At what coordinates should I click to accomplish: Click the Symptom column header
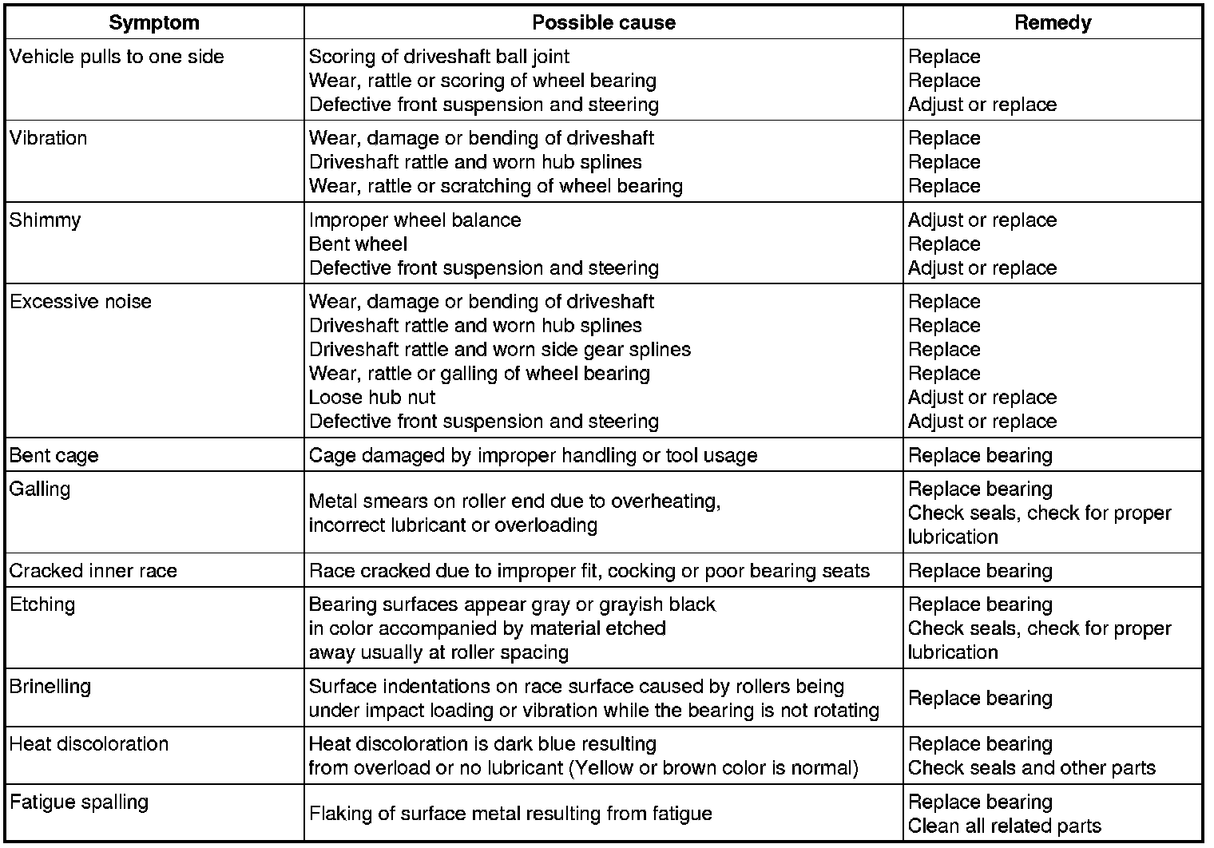154,22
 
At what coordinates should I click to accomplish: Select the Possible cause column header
604,22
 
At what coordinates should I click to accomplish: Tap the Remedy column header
1053,22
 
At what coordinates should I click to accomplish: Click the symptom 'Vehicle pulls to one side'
117,57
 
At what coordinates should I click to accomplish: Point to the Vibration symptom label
48,138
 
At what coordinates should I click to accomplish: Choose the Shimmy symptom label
45,220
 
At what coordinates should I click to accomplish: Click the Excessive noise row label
80,302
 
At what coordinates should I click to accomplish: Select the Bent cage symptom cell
54,455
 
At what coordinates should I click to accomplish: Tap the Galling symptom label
40,489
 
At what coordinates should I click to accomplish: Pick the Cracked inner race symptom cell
93,571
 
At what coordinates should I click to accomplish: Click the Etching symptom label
42,604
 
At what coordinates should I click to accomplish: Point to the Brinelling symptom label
50,687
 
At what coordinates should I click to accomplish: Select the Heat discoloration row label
89,744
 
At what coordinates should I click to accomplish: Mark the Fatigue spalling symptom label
79,802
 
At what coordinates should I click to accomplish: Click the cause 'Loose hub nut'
372,398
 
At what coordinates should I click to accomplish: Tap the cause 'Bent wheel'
358,244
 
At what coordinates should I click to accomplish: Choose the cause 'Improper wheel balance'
415,220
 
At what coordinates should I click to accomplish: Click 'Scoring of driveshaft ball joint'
439,57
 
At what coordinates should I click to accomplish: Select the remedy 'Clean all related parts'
1005,826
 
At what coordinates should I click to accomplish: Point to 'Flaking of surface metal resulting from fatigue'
510,814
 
